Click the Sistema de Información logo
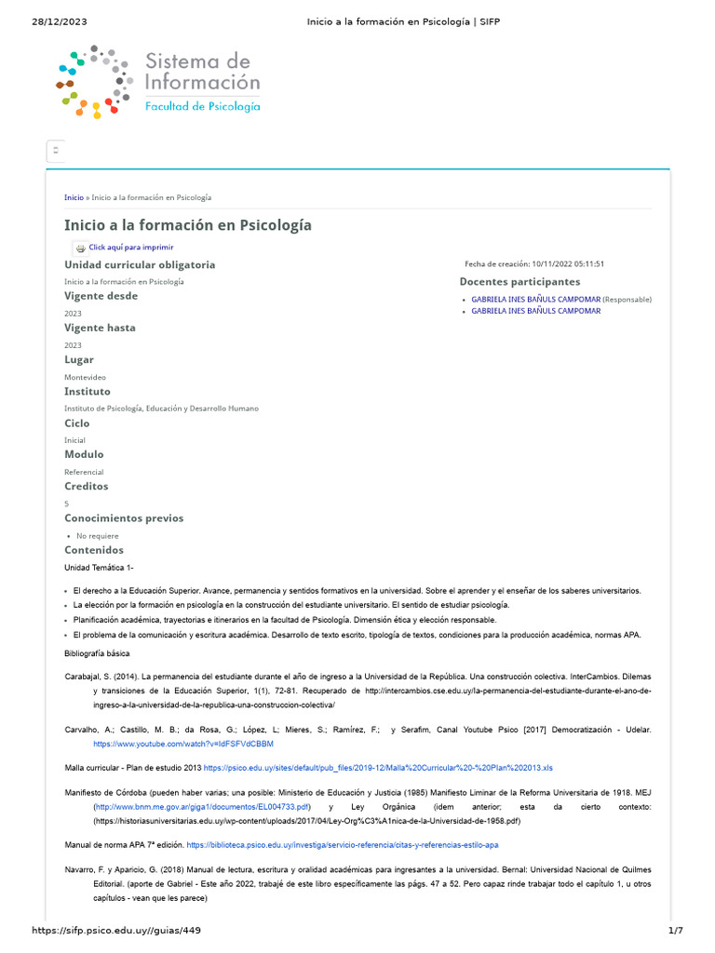(x=158, y=82)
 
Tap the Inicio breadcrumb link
(x=74, y=197)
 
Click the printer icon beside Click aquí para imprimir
(x=80, y=248)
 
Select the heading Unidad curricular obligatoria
(x=140, y=265)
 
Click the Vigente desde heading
(x=101, y=297)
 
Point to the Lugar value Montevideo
(x=85, y=377)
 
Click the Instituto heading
(x=88, y=392)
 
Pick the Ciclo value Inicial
(x=74, y=440)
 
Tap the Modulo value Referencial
(x=84, y=472)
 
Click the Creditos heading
(x=87, y=487)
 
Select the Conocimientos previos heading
(x=124, y=518)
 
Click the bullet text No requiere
(x=97, y=536)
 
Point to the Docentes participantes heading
(x=519, y=282)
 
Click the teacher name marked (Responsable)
(x=535, y=300)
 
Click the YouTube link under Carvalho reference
(x=183, y=745)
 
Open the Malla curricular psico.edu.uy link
(x=378, y=768)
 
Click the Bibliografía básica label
(x=97, y=654)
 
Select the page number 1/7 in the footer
(x=676, y=931)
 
